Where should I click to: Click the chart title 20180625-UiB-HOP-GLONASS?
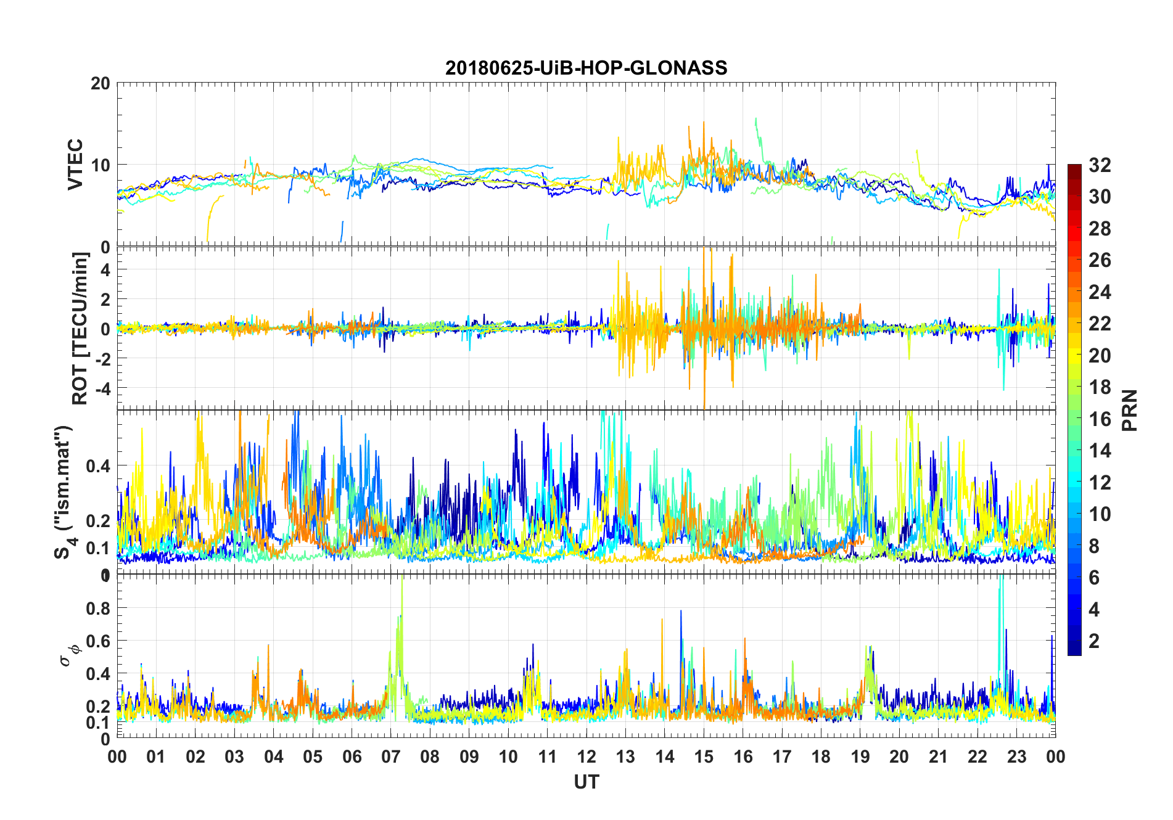tap(586, 68)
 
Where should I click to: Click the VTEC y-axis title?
tap(75, 165)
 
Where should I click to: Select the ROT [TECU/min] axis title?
tap(80, 328)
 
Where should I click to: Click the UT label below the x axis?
tap(586, 782)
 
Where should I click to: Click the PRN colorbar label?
tap(1129, 410)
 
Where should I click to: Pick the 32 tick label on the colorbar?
tap(1100, 165)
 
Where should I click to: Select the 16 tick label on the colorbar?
tap(1100, 419)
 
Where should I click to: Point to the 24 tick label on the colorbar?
tap(1100, 292)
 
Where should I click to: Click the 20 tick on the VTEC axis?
tap(100, 83)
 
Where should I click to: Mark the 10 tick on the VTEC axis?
tap(100, 165)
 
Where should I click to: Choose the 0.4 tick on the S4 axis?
tap(97, 466)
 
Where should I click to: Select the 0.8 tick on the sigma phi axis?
tap(97, 609)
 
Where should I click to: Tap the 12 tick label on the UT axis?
tap(586, 757)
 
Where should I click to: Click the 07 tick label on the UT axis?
tap(391, 757)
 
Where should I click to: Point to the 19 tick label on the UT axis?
tap(860, 757)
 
